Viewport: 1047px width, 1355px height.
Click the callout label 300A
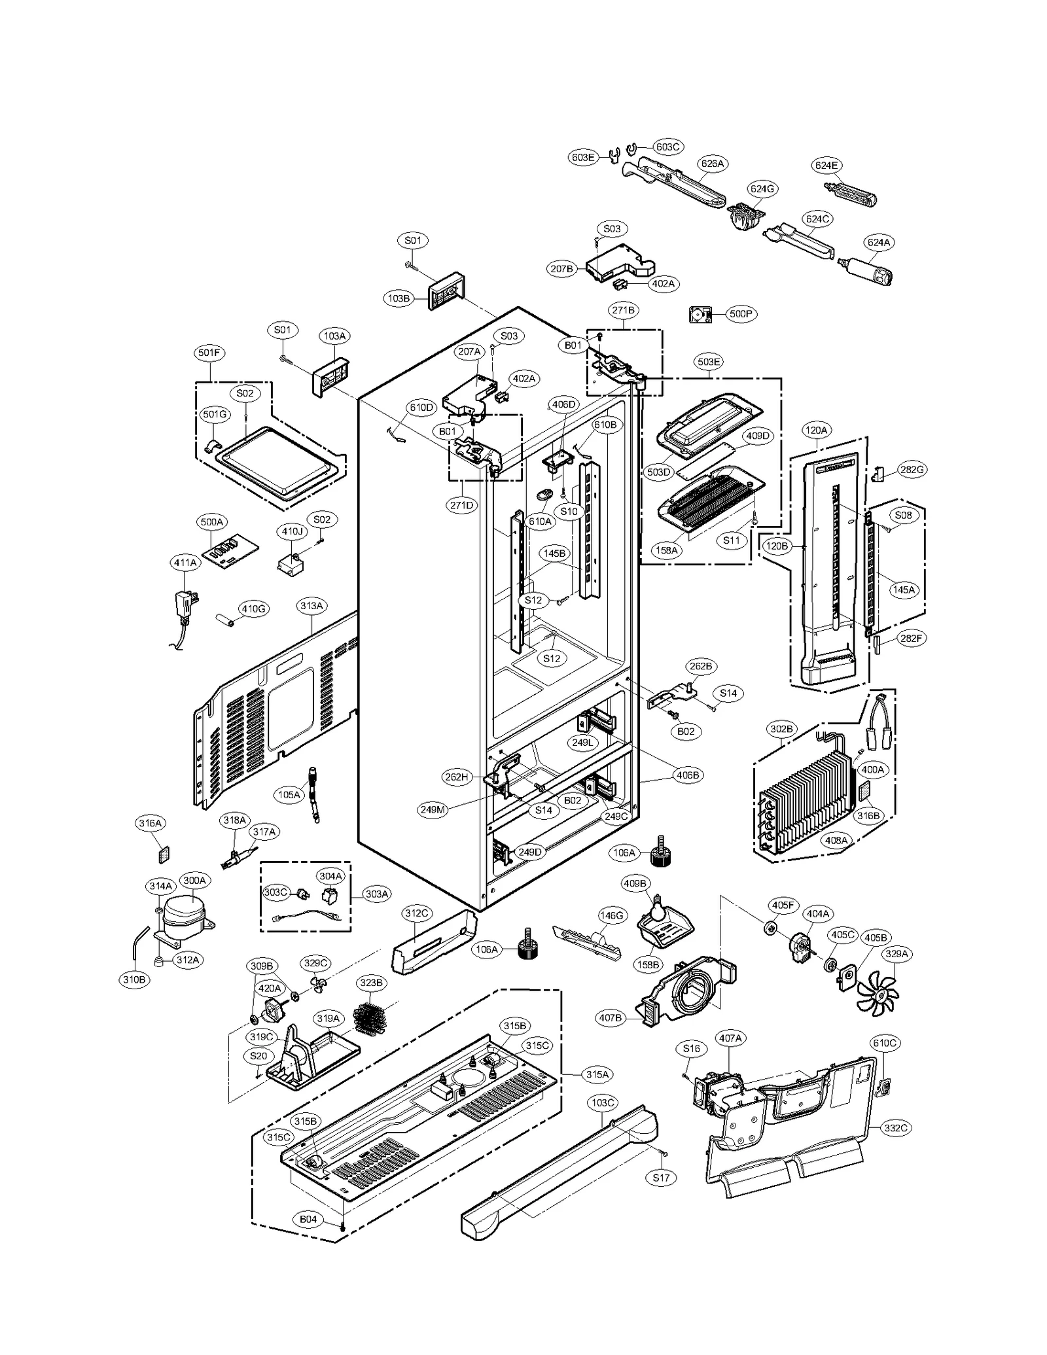point(194,880)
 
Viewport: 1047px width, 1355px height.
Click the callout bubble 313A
point(311,606)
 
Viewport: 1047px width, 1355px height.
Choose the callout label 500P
point(740,314)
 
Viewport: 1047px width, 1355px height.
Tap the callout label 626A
point(712,164)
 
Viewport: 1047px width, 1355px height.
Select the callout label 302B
point(781,728)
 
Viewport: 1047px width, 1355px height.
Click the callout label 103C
point(603,1102)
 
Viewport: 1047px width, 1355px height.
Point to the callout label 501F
point(209,353)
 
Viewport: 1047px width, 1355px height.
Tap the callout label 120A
point(816,430)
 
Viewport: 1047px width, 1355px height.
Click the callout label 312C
point(416,913)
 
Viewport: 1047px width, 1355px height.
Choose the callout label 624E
point(826,166)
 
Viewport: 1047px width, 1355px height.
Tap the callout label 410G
point(253,608)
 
